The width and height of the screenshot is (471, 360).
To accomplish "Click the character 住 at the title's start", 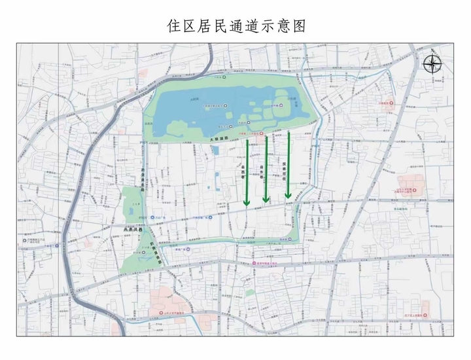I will point(173,26).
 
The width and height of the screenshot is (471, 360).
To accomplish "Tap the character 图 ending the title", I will point(298,26).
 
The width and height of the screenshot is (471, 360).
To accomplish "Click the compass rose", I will point(432,64).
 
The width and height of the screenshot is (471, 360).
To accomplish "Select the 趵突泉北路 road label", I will point(142,175).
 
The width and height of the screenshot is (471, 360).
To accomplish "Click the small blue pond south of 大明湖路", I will point(216,151).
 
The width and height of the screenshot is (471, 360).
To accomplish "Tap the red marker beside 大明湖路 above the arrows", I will point(262,134).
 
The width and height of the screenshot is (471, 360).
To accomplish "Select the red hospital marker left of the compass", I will point(386,103).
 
